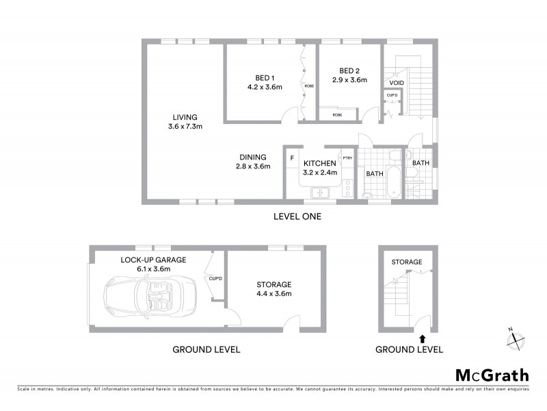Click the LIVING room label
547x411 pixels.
pos(185,116)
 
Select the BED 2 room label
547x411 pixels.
pos(349,71)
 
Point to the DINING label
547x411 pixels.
pos(253,157)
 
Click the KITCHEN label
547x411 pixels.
pos(319,163)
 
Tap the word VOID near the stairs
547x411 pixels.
pos(397,83)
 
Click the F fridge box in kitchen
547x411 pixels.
pos(292,158)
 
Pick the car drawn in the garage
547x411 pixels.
pos(150,299)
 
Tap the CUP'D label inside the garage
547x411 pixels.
pos(215,278)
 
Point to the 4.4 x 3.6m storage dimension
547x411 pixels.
pos(273,294)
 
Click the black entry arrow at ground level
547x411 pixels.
pos(422,337)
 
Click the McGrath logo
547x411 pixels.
pos(492,375)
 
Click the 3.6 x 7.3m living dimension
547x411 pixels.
pos(185,126)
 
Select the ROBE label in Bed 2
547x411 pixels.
pos(337,115)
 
